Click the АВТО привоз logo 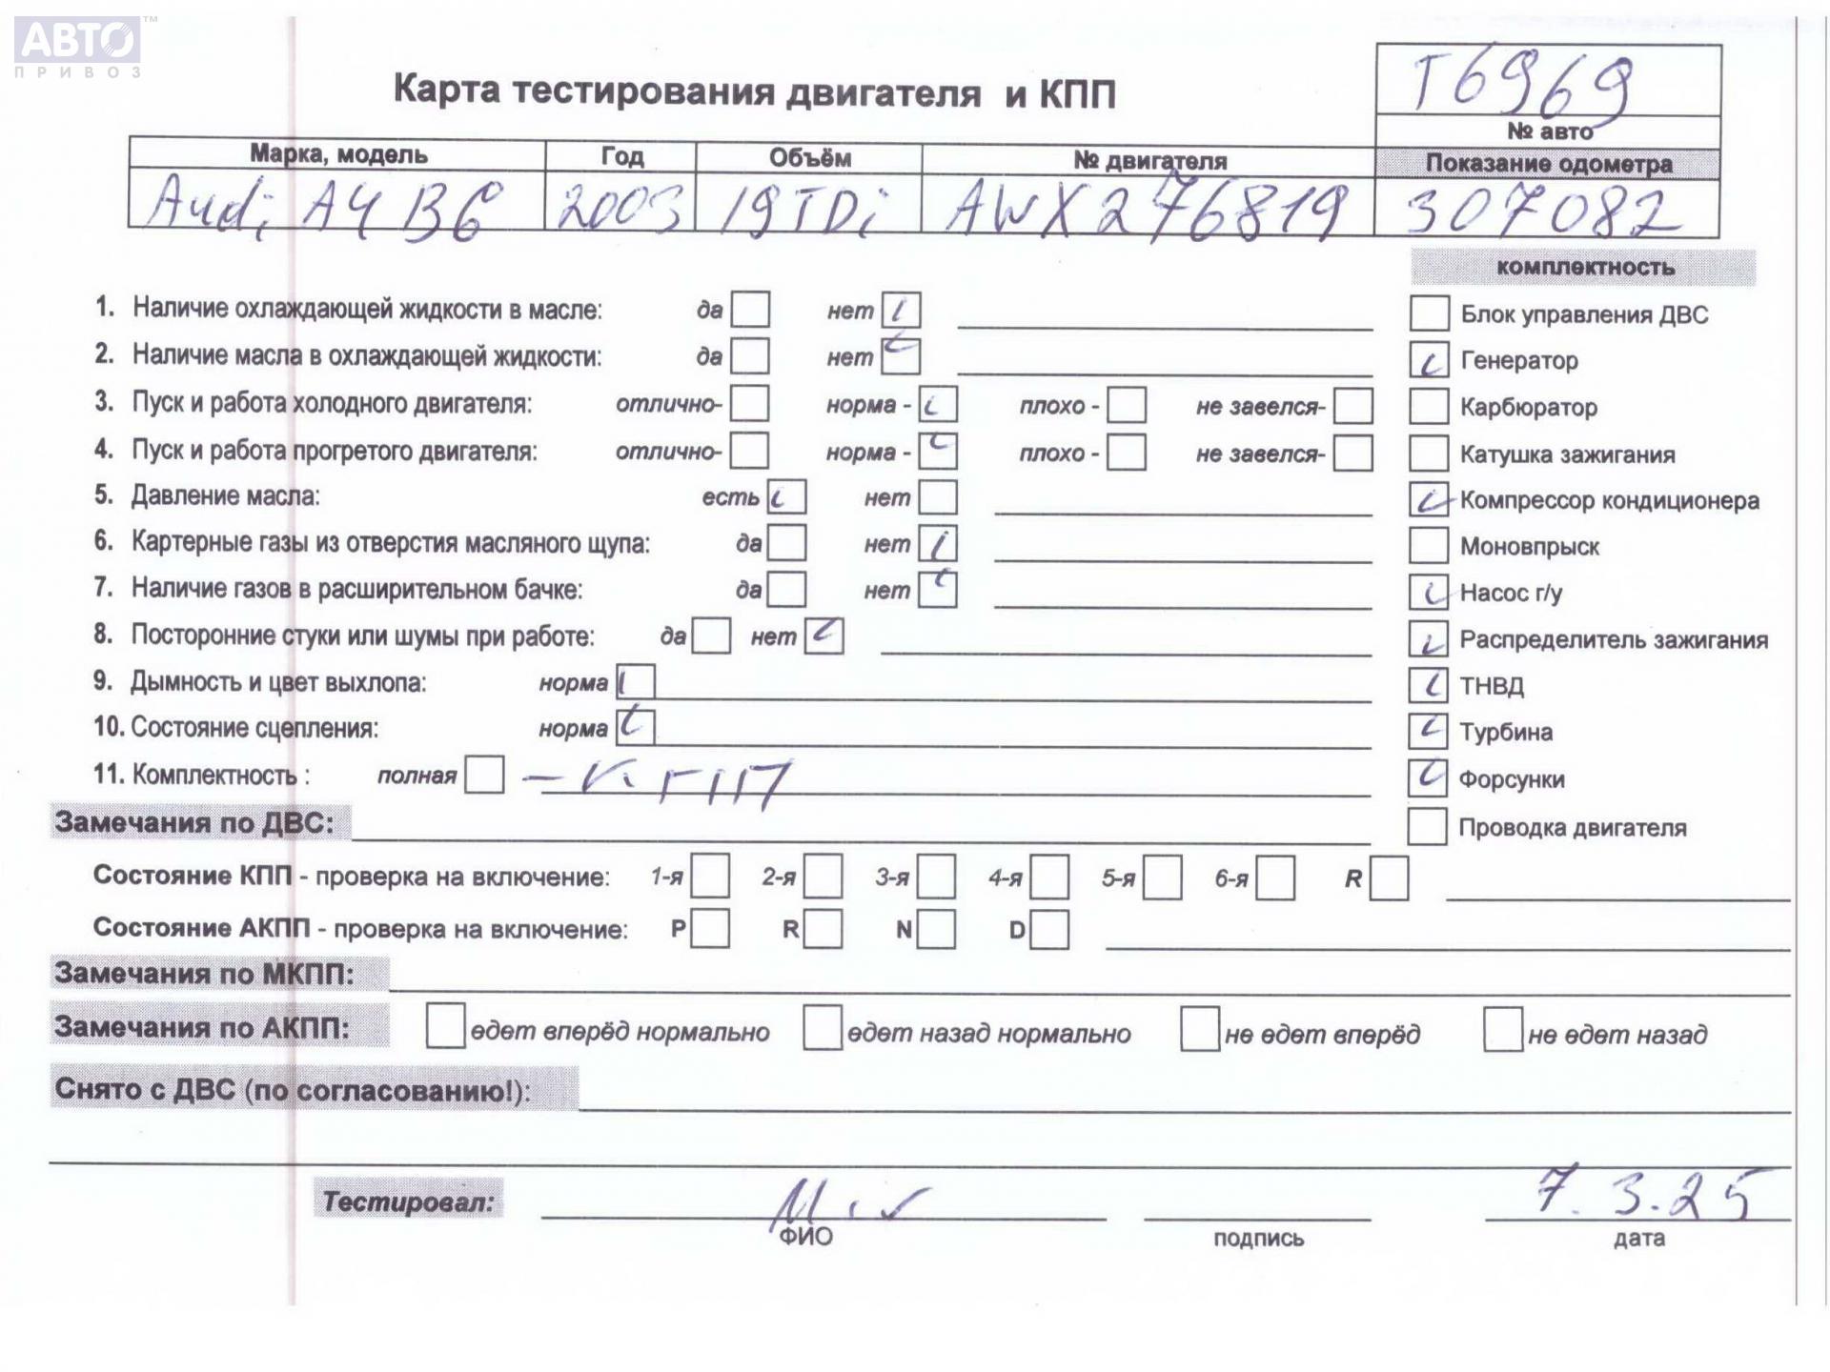(x=78, y=46)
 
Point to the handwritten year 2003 (x=619, y=207)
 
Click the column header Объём (x=809, y=157)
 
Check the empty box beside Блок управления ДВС (x=1428, y=313)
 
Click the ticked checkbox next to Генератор (x=1428, y=360)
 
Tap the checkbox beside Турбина (x=1427, y=731)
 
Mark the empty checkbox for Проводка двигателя (x=1426, y=826)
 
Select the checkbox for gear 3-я (x=936, y=878)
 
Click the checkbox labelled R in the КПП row (x=1388, y=878)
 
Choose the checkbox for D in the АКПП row (x=1048, y=930)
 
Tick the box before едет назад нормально (x=822, y=1028)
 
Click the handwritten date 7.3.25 (x=1643, y=1193)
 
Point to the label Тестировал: (x=408, y=1201)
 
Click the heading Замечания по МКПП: (x=204, y=974)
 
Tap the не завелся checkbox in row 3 (x=1352, y=406)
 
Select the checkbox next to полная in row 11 (x=484, y=775)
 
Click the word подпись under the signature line (x=1257, y=1239)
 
